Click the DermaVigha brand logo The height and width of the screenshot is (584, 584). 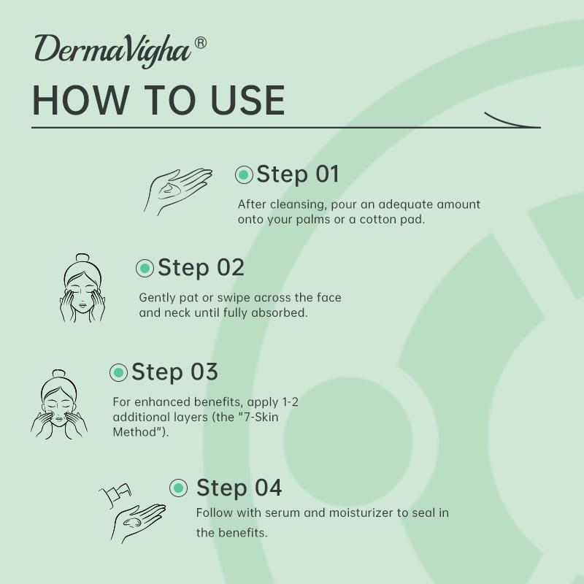113,51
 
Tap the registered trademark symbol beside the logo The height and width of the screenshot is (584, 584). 200,43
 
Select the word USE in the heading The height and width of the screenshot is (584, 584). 247,100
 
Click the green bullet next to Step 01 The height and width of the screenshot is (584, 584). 244,174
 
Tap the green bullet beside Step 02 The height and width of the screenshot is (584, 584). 145,268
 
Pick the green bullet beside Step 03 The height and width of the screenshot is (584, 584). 119,372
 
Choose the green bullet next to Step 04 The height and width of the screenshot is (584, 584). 178,488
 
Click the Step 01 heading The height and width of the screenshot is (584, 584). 298,174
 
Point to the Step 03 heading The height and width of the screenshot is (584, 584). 174,372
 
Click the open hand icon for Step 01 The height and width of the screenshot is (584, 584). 177,191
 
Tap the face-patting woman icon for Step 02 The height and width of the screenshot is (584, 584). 82,288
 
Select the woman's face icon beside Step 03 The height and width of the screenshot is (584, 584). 59,404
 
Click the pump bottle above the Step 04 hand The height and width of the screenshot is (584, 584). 116,495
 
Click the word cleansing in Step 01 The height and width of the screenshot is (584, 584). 297,205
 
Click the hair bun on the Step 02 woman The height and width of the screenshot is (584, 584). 82,258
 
